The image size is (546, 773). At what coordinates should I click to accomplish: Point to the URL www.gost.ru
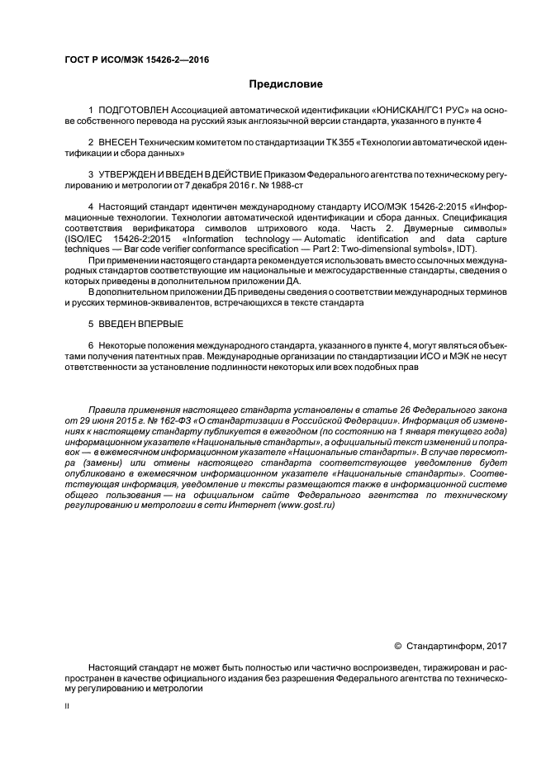(x=306, y=505)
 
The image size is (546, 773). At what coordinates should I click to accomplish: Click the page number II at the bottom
(x=67, y=707)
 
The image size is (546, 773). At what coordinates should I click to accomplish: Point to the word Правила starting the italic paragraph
(x=106, y=408)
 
